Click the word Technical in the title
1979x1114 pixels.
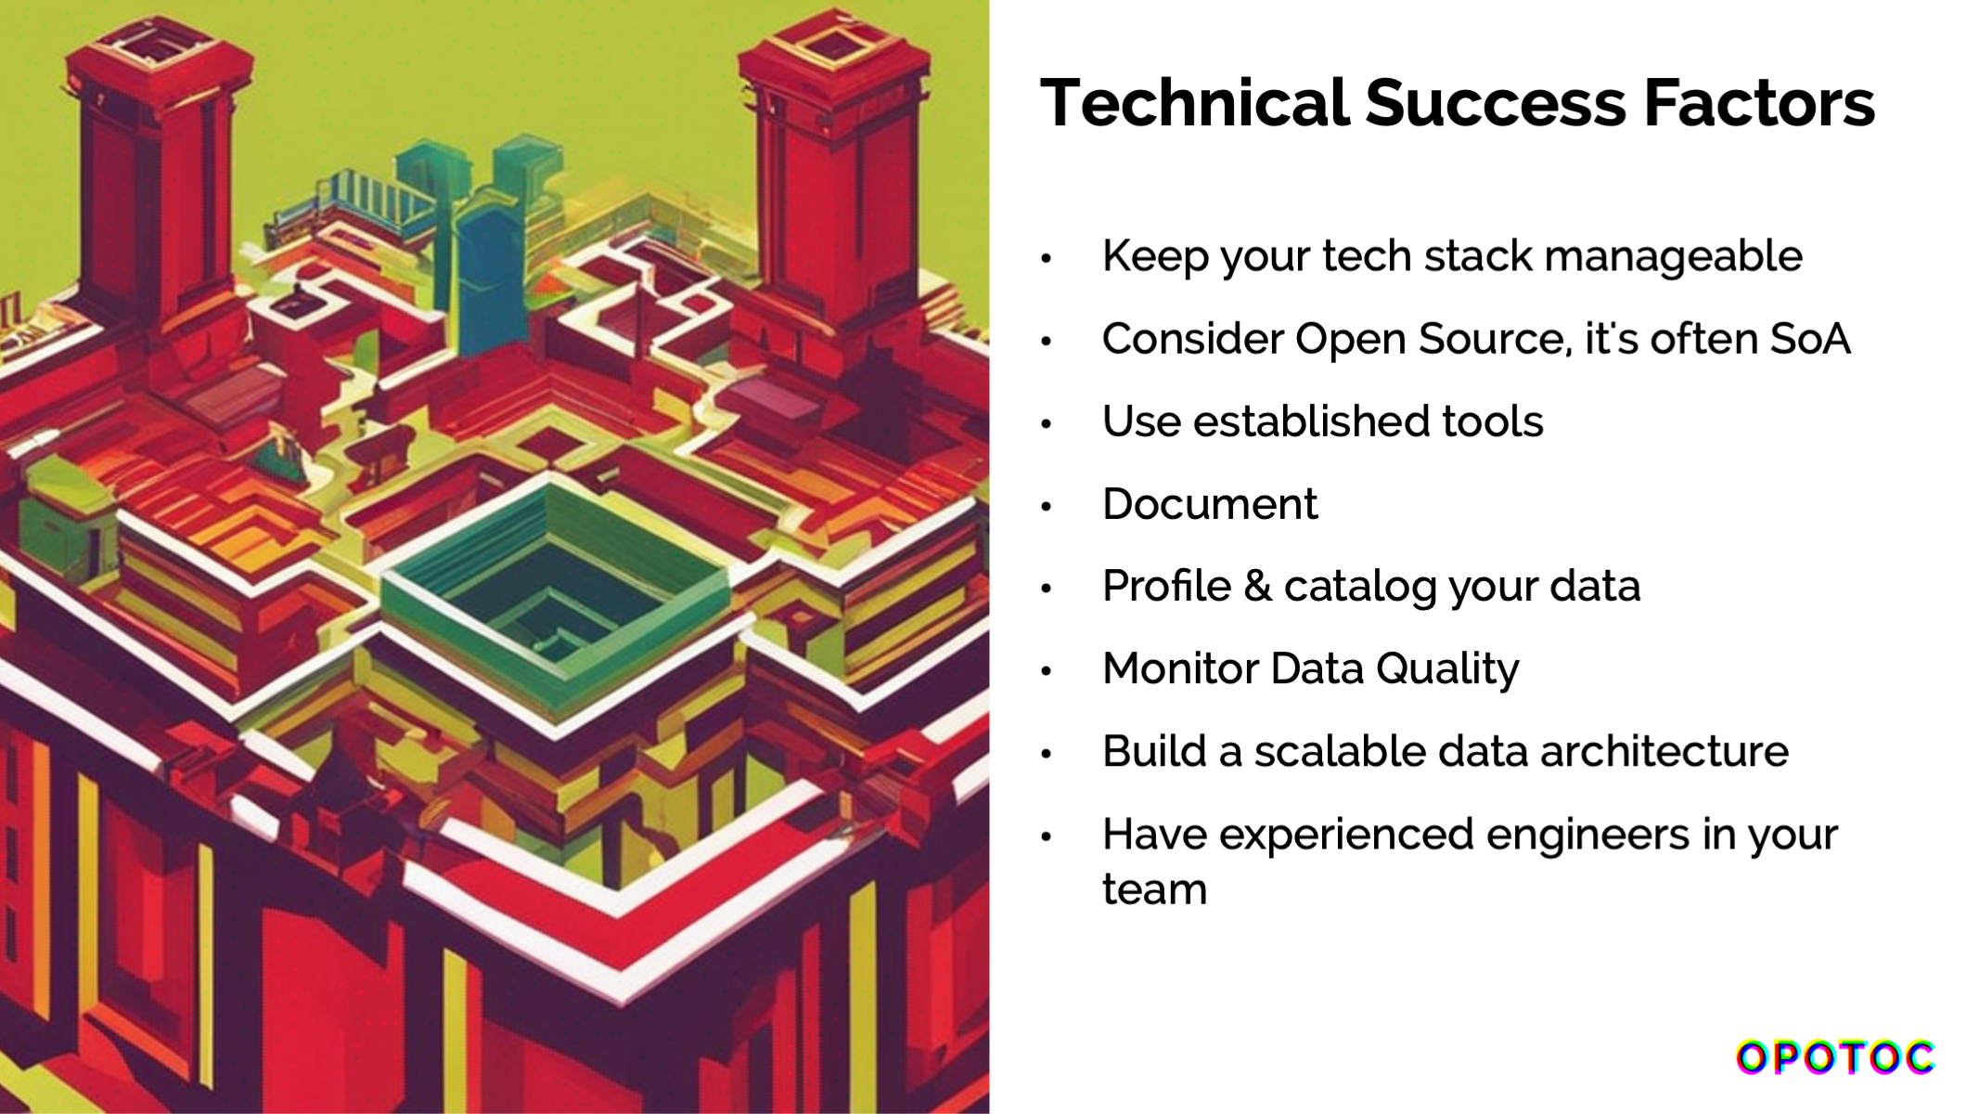1194,102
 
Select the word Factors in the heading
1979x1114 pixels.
1759,102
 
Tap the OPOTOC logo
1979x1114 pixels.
1835,1057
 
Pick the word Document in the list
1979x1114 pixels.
1210,504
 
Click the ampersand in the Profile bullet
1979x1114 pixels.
1257,587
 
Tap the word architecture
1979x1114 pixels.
1664,751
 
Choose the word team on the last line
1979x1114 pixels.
1154,889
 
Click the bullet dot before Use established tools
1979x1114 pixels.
1047,424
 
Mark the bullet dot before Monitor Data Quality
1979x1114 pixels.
1047,671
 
